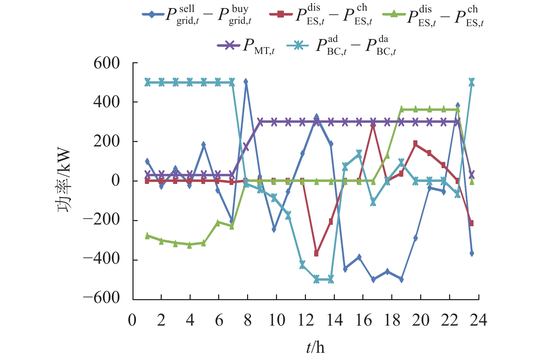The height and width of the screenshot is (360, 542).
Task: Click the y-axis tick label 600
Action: tap(106, 63)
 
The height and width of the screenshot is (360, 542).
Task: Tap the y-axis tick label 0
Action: tap(115, 181)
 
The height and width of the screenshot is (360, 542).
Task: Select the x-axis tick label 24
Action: tap(478, 320)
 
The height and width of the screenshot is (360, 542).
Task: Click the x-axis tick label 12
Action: tap(306, 320)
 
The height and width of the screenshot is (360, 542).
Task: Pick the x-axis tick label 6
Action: tap(219, 320)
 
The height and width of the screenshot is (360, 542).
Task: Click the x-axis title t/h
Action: tap(315, 347)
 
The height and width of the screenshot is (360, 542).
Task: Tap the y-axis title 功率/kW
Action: tap(64, 181)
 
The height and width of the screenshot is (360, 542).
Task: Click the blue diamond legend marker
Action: tap(152, 14)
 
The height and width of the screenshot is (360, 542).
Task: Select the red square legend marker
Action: tap(281, 14)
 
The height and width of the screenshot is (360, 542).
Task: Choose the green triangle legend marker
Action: tap(394, 14)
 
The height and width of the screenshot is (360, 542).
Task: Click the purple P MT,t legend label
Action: tap(259, 46)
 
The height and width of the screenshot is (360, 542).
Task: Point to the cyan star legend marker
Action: tap(298, 45)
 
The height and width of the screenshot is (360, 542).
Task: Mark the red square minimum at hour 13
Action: tap(317, 253)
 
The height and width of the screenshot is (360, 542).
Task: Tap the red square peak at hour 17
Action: tap(373, 125)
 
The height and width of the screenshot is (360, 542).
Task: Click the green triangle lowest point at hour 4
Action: tap(190, 245)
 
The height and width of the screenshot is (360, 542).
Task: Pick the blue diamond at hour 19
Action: tap(401, 279)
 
